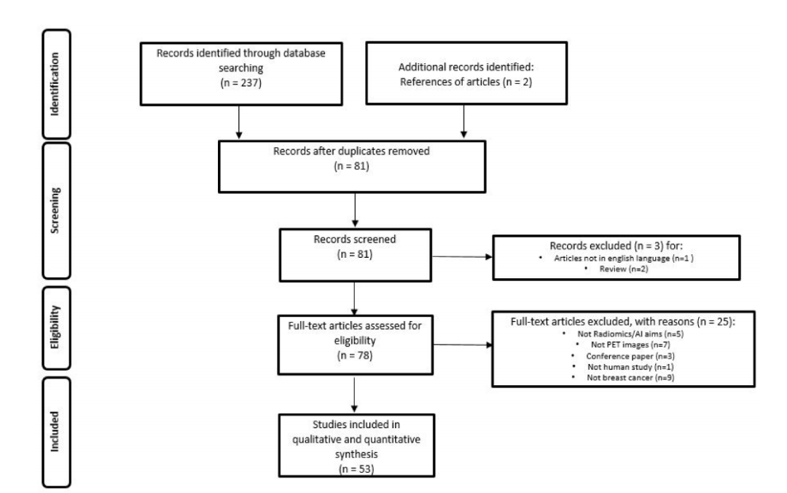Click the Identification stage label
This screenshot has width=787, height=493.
tap(55, 84)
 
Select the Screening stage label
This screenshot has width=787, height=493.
tap(55, 210)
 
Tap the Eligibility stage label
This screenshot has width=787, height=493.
tap(55, 327)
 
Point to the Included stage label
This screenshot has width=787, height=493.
tap(55, 432)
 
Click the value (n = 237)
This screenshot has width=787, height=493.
tap(241, 83)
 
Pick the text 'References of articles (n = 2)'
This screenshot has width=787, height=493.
tap(466, 82)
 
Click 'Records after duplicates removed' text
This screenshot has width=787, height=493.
tap(351, 151)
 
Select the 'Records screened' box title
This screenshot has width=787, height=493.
tap(355, 240)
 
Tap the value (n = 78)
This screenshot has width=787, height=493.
tap(355, 355)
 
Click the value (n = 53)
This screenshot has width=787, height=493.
tap(356, 469)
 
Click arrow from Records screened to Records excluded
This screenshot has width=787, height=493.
tap(462, 257)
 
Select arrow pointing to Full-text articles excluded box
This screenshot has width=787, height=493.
tap(463, 345)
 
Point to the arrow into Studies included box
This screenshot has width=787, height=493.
tap(354, 395)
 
